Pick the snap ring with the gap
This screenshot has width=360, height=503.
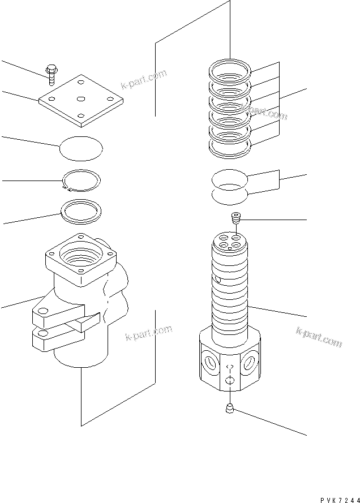82,180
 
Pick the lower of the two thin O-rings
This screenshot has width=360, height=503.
229,195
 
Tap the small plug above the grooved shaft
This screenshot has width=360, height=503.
236,217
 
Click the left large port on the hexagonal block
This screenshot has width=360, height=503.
209,362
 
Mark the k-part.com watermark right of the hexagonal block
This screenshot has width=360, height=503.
319,337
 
